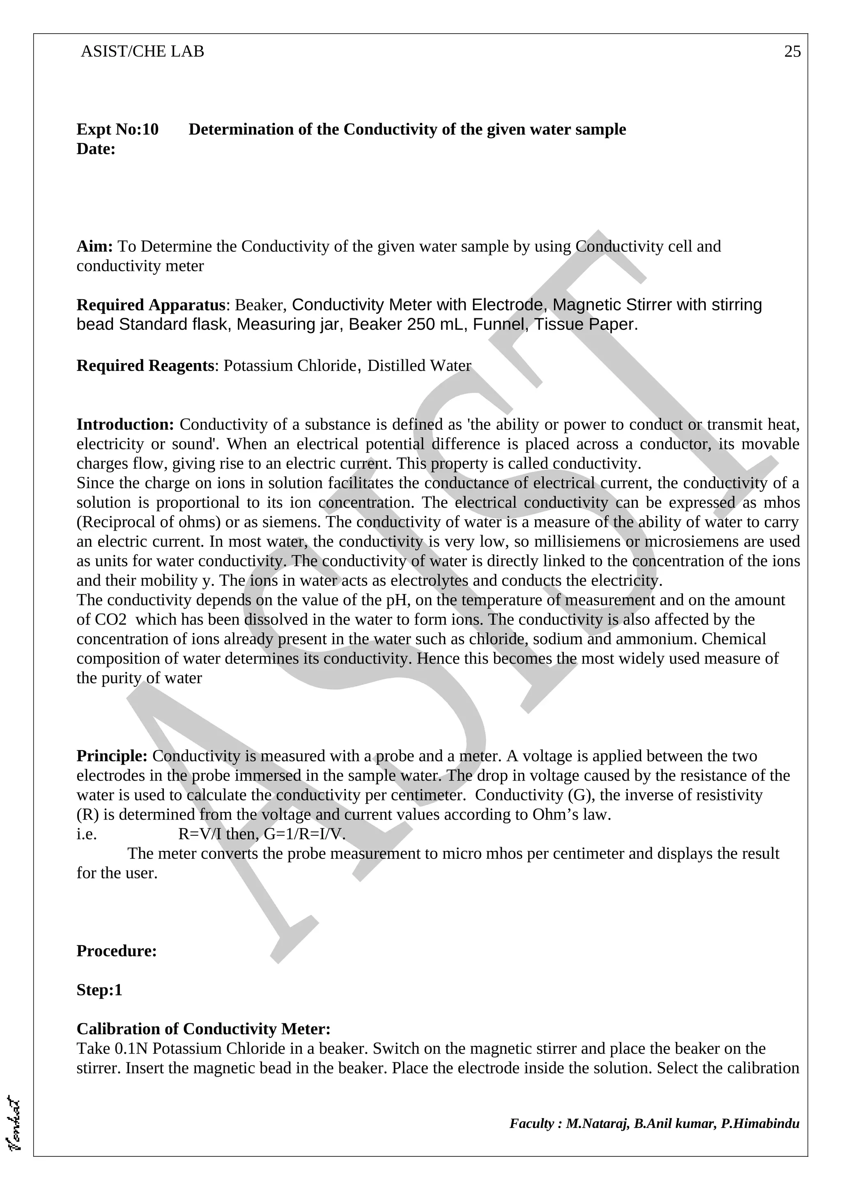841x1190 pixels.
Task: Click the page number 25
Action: (x=792, y=52)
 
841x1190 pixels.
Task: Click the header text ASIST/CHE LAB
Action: (x=142, y=52)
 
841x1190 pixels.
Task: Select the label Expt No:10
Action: (x=117, y=130)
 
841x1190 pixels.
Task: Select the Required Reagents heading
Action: (x=145, y=366)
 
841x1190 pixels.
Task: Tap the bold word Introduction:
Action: (x=125, y=425)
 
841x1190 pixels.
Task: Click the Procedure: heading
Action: (x=117, y=951)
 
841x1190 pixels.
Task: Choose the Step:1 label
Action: (x=99, y=990)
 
